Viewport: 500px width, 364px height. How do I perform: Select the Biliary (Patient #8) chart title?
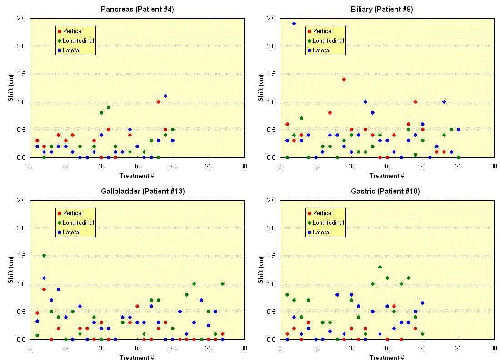[x=388, y=9]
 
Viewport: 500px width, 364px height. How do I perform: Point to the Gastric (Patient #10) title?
[x=388, y=191]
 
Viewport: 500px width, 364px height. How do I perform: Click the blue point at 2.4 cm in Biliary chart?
[x=294, y=24]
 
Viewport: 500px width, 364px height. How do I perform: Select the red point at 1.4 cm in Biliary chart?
[x=344, y=80]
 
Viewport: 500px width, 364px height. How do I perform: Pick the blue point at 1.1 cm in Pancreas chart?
[x=165, y=96]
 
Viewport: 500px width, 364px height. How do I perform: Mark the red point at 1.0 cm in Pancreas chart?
[x=158, y=102]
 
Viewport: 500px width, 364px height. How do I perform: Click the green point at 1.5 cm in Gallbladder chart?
[x=44, y=256]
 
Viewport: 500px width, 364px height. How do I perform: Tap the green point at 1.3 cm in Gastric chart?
[x=380, y=267]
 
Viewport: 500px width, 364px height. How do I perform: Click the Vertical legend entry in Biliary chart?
[x=323, y=31]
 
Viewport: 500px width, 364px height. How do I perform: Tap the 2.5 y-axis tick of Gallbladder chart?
[x=20, y=200]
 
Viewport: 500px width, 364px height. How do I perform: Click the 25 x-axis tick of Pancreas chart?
[x=208, y=166]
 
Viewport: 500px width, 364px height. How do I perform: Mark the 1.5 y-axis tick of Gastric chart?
[x=270, y=256]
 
